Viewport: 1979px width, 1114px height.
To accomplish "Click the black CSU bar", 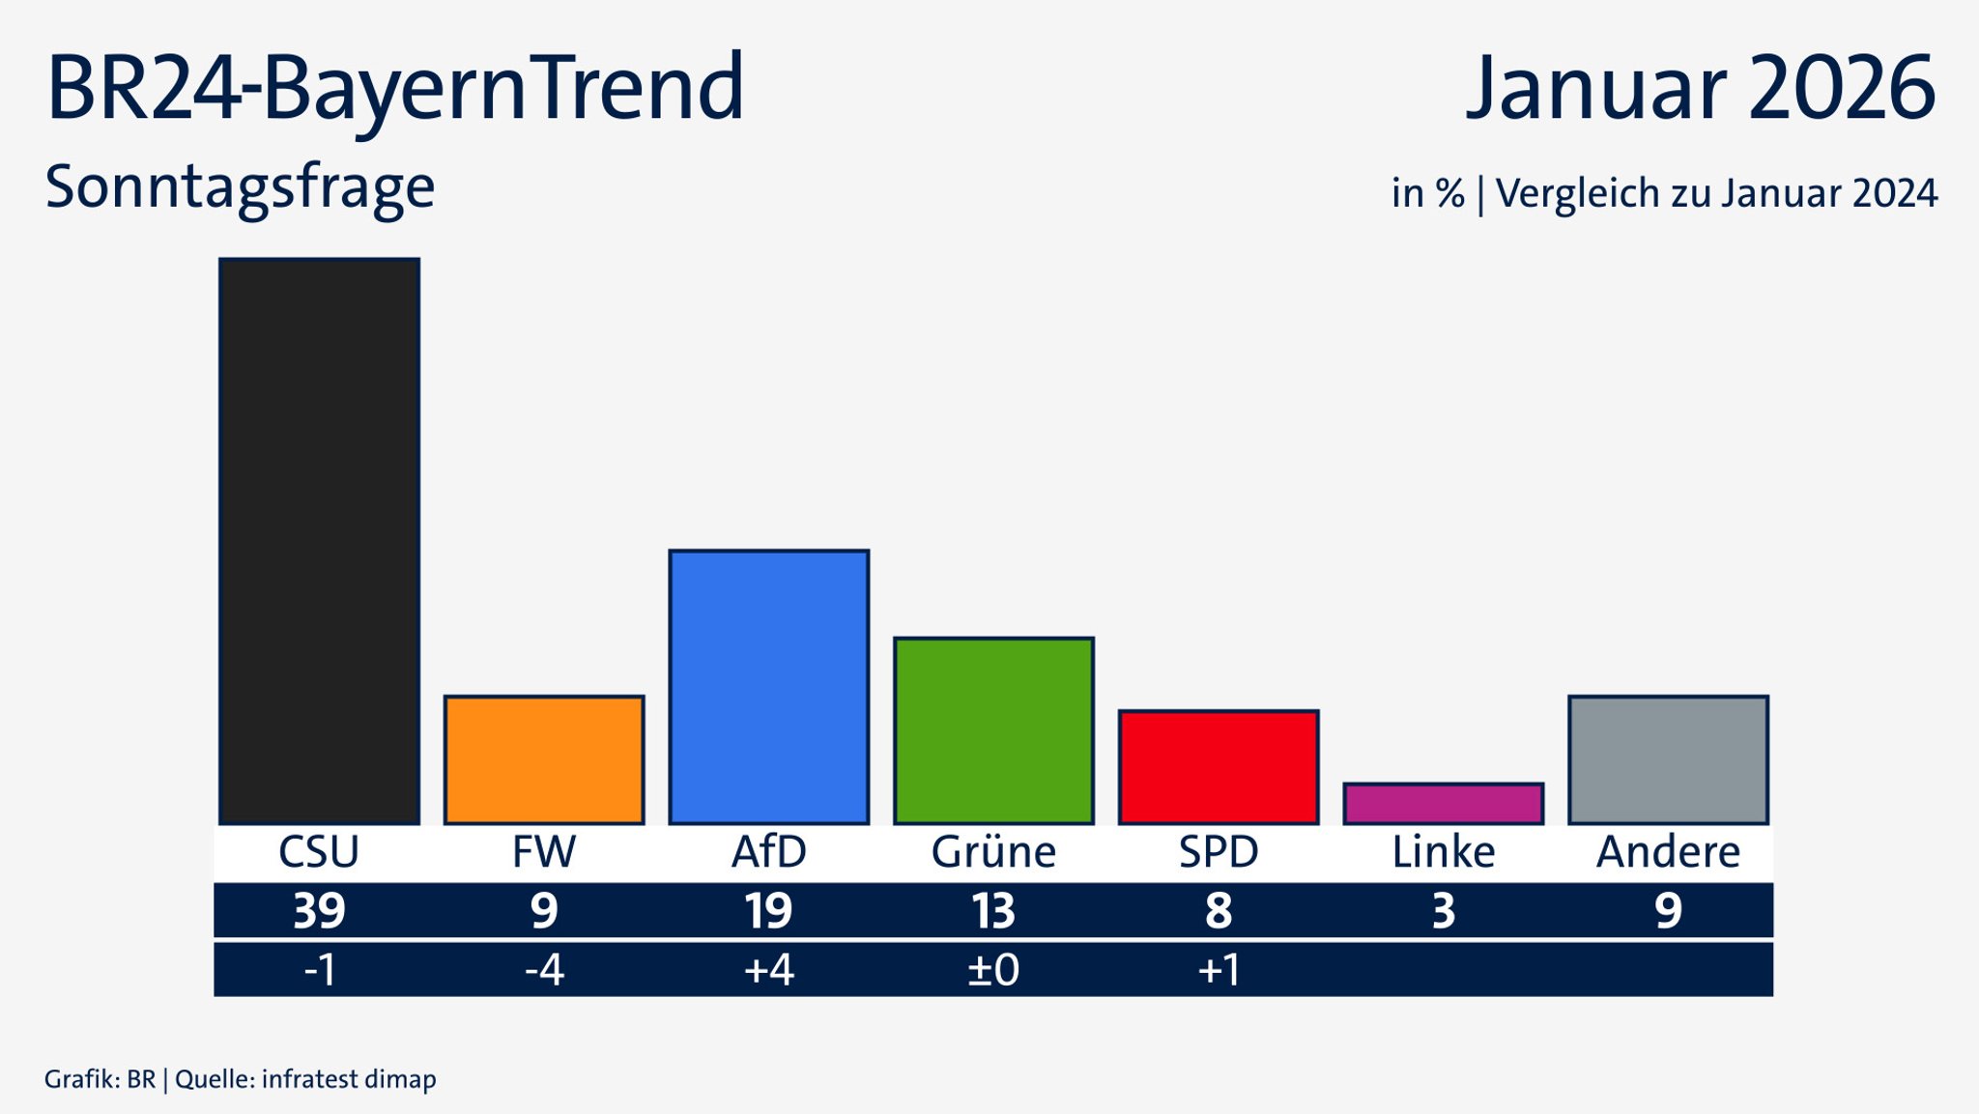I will point(319,541).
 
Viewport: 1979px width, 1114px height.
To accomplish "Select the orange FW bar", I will point(544,759).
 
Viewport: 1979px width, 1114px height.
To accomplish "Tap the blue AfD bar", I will point(769,687).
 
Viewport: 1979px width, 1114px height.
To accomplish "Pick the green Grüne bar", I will point(993,730).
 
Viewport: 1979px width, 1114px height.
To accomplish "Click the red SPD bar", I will point(1219,767).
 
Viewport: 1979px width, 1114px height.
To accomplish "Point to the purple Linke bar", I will point(1443,804).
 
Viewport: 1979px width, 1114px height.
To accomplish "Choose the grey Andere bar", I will point(1668,759).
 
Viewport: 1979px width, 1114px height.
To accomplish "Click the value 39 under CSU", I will point(319,911).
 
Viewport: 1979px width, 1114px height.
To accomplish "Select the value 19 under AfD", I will point(769,911).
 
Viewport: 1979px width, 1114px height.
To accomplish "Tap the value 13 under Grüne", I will point(993,911).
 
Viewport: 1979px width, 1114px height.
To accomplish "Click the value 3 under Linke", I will point(1443,911).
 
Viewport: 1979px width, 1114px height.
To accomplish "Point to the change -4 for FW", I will point(544,969).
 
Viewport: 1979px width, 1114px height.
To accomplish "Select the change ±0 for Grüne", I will point(993,969).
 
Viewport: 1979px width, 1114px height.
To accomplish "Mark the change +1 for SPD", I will point(1219,969).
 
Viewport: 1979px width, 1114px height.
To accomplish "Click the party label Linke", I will point(1443,852).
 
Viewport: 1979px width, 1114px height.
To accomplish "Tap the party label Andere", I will point(1668,852).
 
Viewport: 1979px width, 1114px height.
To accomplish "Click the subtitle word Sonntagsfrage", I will point(240,187).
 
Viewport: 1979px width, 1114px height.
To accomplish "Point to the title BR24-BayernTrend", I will point(395,89).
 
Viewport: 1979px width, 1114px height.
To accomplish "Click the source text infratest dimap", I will point(349,1079).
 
